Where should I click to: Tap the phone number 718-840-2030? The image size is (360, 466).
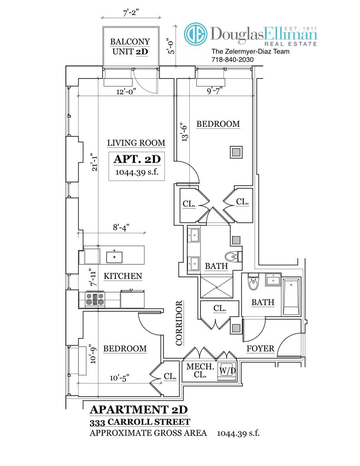[x=232, y=60]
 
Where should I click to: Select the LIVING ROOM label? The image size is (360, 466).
[x=136, y=143]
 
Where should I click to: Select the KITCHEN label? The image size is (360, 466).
[x=123, y=276]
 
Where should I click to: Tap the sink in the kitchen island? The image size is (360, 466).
[x=114, y=256]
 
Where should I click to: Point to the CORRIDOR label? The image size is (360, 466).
[x=179, y=323]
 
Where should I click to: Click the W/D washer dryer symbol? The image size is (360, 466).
[x=226, y=370]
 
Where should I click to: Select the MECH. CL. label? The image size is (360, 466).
[x=199, y=370]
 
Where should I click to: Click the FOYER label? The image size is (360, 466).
[x=260, y=348]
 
